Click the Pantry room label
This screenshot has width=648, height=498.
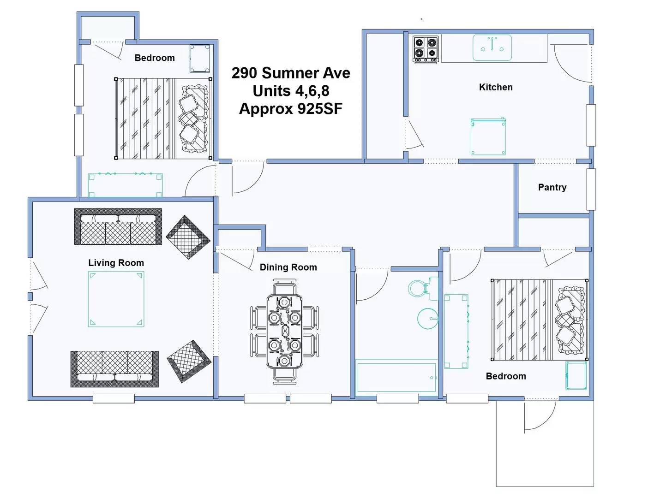(552, 187)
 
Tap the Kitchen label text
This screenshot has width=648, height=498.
(495, 87)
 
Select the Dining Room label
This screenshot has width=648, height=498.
(288, 267)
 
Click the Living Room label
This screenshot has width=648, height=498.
(116, 263)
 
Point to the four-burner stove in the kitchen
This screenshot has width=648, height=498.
(426, 49)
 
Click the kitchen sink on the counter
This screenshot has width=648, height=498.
(492, 47)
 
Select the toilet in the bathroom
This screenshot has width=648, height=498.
(422, 289)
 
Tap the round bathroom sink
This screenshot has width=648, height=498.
(428, 318)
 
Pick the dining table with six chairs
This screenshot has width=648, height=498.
(284, 331)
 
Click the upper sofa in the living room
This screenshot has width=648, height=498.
(118, 226)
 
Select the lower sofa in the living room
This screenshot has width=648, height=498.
(114, 369)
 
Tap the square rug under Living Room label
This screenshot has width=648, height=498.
(116, 299)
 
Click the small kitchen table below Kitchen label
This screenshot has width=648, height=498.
(488, 137)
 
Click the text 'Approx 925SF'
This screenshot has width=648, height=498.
(291, 109)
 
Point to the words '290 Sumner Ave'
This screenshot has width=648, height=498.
(291, 73)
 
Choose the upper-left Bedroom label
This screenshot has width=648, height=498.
(155, 58)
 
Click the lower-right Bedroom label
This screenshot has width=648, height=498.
(506, 376)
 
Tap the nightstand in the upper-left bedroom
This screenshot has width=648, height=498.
(200, 59)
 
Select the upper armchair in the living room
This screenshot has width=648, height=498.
(187, 237)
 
